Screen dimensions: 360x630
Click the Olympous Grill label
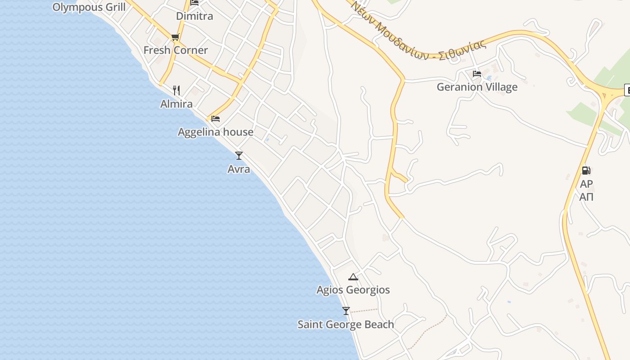tap(89, 7)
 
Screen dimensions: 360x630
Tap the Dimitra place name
tap(194, 16)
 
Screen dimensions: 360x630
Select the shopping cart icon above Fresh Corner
tap(175, 37)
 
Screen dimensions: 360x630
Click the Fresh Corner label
tap(175, 50)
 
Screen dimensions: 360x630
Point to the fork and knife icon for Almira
tap(176, 90)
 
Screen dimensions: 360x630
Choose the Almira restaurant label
tap(176, 104)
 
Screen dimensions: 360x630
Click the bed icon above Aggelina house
tap(216, 119)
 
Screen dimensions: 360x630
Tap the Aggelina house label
tap(216, 132)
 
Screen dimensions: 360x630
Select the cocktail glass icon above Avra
tap(239, 156)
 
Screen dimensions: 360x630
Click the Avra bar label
tap(239, 169)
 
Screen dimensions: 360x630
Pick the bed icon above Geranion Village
tap(477, 73)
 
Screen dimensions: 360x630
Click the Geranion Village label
tap(477, 87)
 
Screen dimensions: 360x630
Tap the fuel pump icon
tap(586, 171)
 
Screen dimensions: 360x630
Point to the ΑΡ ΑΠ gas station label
tap(586, 190)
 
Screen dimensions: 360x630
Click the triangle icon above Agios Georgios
tap(353, 277)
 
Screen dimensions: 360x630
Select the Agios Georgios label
tap(353, 290)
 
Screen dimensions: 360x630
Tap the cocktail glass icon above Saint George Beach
tap(346, 311)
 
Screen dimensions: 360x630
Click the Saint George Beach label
tap(346, 324)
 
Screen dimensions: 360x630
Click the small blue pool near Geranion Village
tap(489, 66)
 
